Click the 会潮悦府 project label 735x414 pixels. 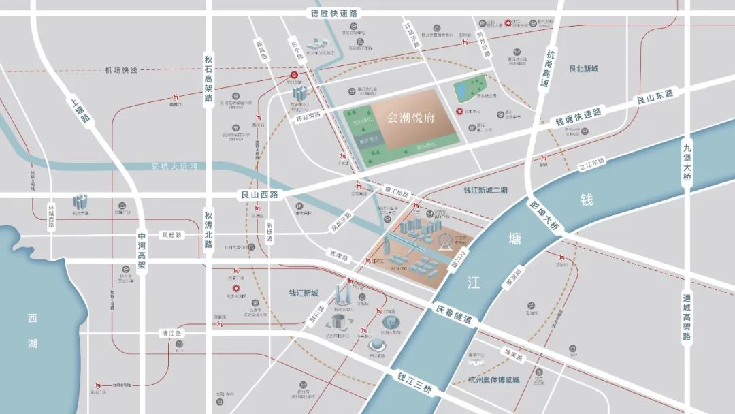410,117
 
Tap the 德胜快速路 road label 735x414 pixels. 334,13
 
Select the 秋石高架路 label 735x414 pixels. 209,78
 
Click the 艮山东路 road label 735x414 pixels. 654,97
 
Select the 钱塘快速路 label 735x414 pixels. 578,116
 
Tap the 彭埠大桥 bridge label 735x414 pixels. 545,214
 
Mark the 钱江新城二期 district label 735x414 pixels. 485,191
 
